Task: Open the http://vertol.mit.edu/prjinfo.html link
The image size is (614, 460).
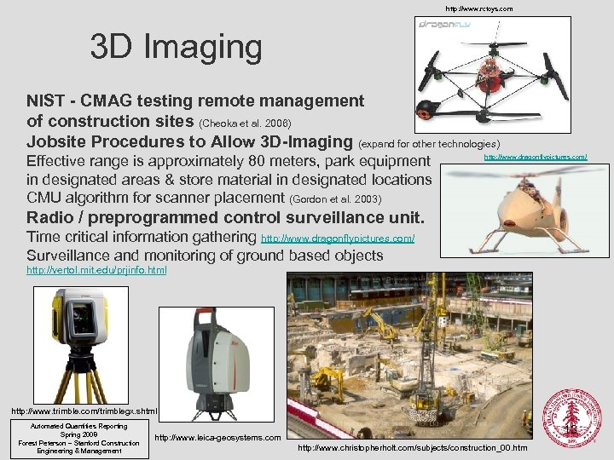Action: [96, 270]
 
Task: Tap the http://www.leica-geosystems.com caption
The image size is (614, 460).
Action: [217, 438]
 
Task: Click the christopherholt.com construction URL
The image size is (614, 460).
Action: [413, 448]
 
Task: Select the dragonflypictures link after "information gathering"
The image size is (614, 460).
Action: [338, 239]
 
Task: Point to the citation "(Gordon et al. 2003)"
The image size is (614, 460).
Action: [335, 199]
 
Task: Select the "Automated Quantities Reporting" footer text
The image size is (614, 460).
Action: [78, 426]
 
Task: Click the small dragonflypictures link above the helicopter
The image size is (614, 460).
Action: [536, 157]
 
